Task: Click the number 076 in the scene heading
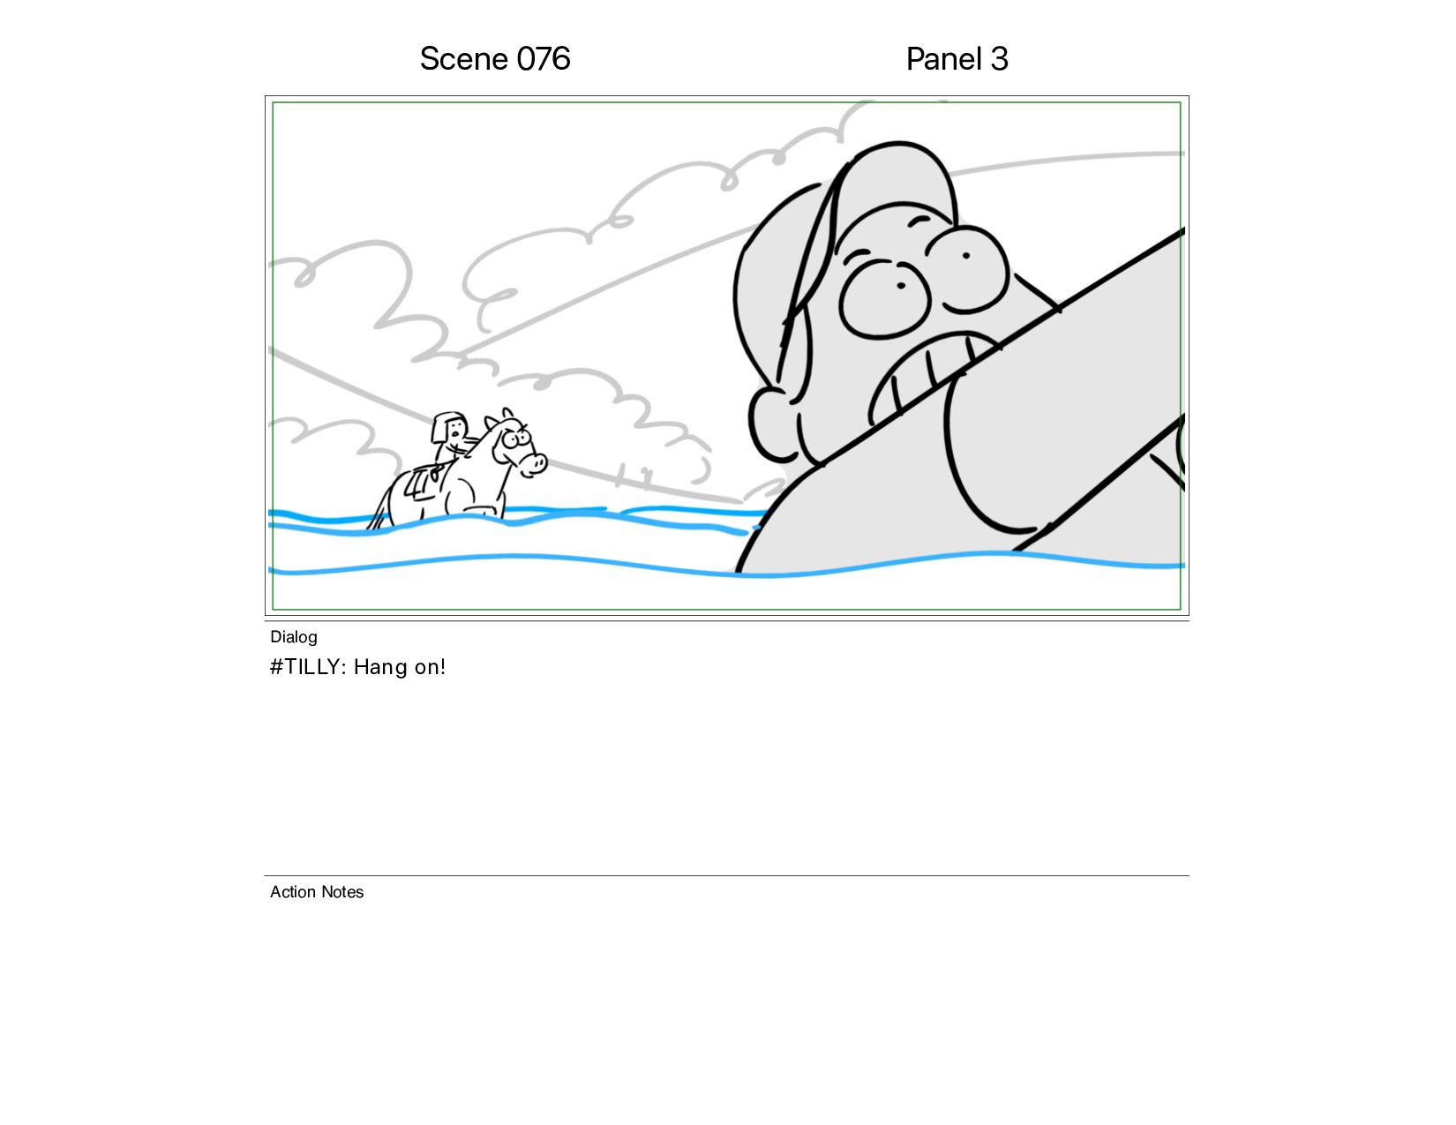pos(544,59)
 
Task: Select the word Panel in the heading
pos(944,59)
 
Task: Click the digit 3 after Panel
pos(999,59)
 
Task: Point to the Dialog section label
pos(294,637)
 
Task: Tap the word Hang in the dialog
pos(380,667)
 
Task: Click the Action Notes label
pos(316,892)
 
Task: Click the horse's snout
pos(535,463)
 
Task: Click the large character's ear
pos(770,424)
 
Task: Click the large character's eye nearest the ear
pos(884,299)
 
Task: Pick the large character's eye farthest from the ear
pos(969,268)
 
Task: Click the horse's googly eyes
pos(516,439)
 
